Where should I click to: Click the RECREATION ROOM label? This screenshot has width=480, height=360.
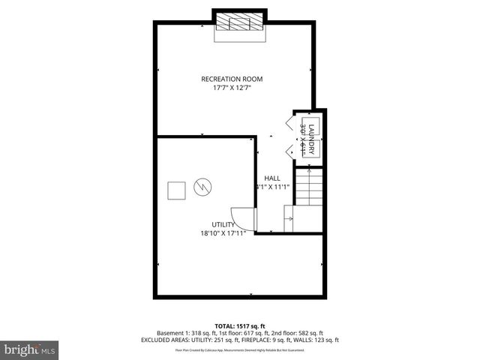coord(232,79)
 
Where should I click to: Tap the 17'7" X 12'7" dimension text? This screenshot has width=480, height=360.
coord(232,88)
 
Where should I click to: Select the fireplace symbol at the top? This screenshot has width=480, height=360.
coord(239,22)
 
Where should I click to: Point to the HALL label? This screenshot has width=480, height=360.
coord(271,178)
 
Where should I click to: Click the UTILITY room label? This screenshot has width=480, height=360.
coord(223,224)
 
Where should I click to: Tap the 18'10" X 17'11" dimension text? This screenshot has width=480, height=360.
coord(223,233)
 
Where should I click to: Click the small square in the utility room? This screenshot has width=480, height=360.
coord(176,190)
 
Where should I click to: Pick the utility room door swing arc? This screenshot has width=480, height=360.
coord(244,217)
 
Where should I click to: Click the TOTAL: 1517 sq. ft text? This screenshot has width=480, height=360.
coord(239,325)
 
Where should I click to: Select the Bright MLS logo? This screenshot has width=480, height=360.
coord(30,349)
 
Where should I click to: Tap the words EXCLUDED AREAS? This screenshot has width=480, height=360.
coord(163,340)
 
